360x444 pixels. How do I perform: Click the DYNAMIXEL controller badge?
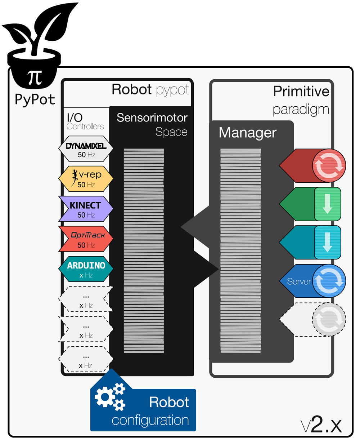86,148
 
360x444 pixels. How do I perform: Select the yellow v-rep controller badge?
86,178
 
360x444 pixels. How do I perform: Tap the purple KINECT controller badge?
86,209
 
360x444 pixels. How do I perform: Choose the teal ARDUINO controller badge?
86,269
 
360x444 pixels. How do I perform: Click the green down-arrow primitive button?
327,204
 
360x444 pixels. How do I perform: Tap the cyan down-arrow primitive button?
327,242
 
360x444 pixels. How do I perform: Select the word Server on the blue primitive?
299,281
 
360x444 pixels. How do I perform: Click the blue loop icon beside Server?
328,281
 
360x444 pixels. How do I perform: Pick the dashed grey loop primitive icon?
328,319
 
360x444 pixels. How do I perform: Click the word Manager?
248,133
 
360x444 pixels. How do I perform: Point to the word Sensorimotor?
152,118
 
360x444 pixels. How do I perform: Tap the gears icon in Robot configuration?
110,397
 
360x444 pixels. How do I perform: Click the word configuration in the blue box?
150,420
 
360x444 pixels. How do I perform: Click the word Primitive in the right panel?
301,91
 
